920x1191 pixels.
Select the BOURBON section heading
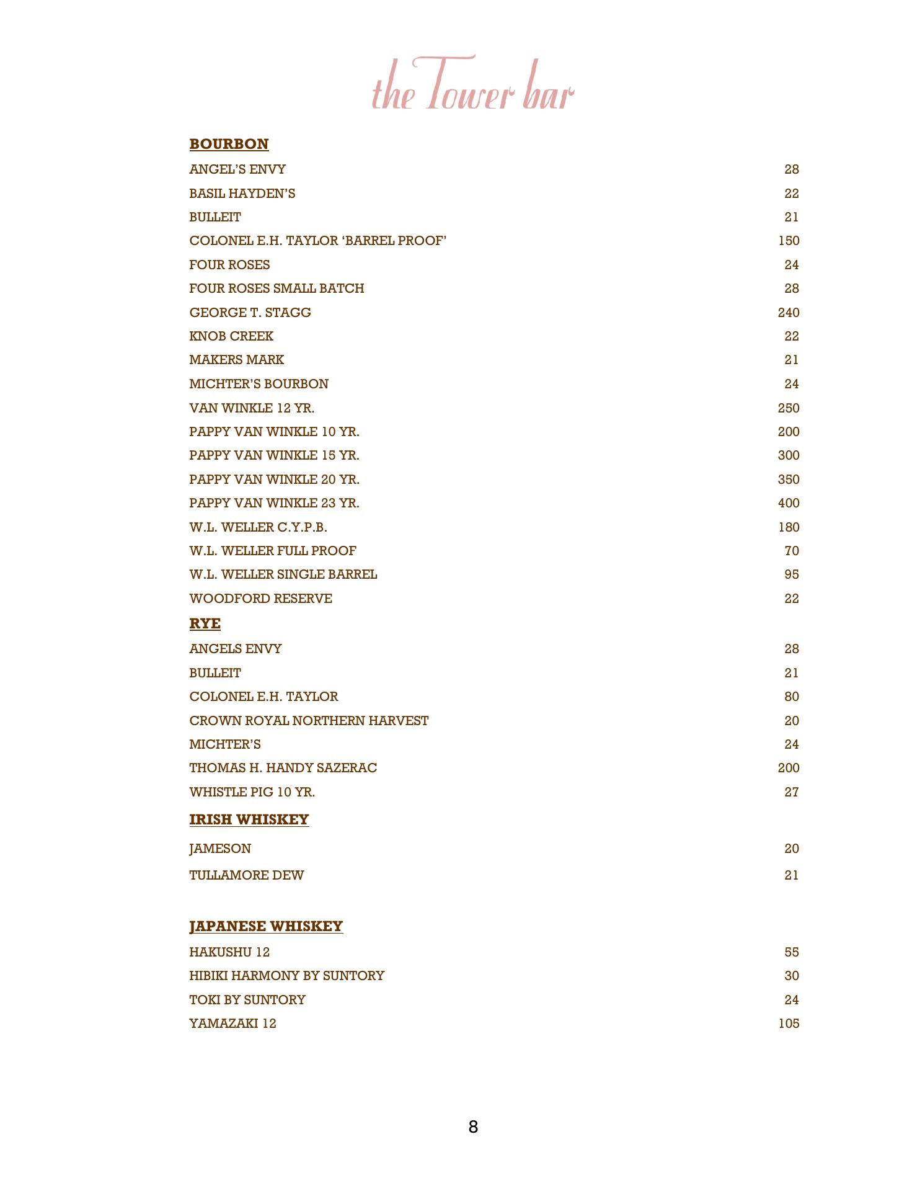click(x=229, y=144)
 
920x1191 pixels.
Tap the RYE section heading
click(x=205, y=623)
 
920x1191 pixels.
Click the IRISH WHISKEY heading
click(x=249, y=819)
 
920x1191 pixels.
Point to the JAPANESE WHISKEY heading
click(x=265, y=926)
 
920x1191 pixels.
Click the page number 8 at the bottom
click(x=473, y=1127)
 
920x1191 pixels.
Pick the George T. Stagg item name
click(x=250, y=313)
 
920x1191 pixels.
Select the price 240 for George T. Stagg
click(x=788, y=313)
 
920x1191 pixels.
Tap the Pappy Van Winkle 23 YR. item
click(x=274, y=503)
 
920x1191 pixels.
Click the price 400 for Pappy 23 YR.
click(x=788, y=503)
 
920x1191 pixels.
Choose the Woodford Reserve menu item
click(x=260, y=599)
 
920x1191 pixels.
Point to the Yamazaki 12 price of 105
click(x=788, y=1024)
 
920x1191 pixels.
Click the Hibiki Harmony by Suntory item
click(x=286, y=976)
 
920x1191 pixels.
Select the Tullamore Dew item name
click(x=246, y=875)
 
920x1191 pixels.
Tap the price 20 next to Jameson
click(x=791, y=849)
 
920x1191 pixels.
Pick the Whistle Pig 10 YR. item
click(x=252, y=792)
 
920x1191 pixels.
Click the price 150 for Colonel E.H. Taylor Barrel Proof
click(x=788, y=241)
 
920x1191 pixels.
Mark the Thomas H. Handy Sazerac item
click(x=283, y=768)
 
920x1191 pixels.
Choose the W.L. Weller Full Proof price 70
click(x=791, y=551)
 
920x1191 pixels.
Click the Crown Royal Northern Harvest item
click(x=309, y=721)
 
